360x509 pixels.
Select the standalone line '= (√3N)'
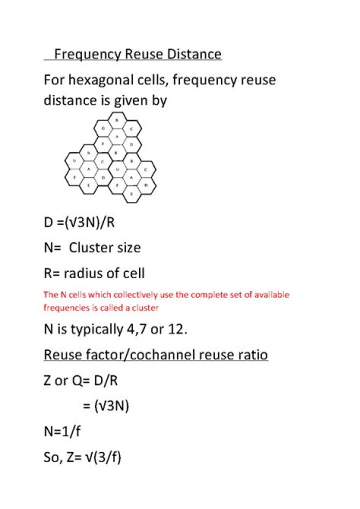pos(106,406)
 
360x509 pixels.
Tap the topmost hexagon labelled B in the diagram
pos(116,120)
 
